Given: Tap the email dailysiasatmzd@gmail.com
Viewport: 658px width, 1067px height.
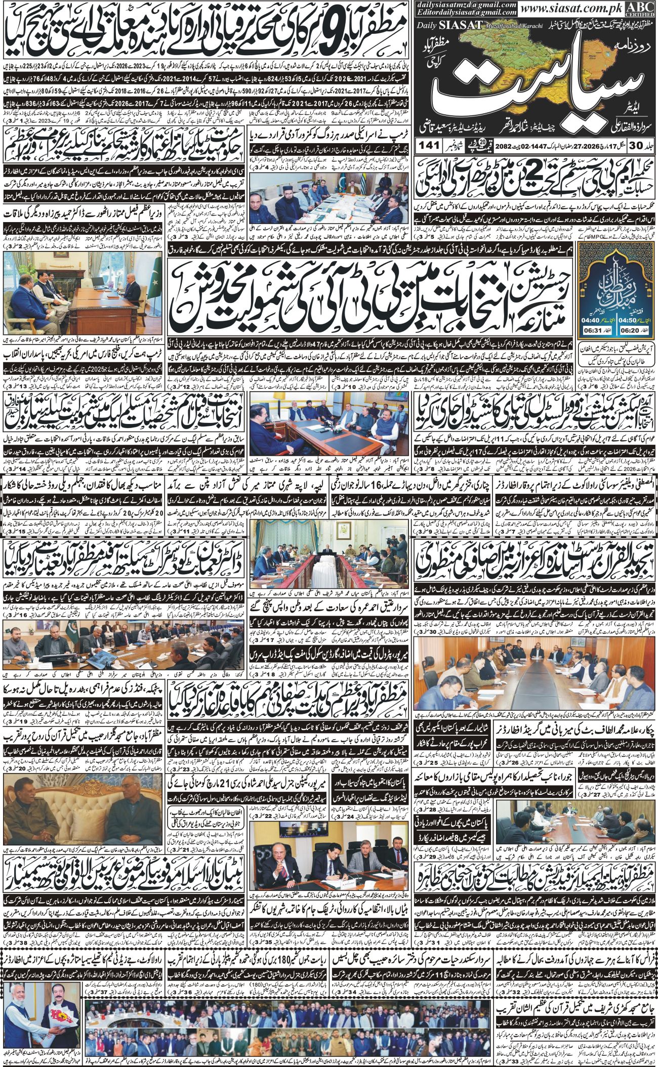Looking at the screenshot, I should (x=467, y=5).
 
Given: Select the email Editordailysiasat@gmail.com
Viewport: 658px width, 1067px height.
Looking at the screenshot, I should (x=467, y=13).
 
